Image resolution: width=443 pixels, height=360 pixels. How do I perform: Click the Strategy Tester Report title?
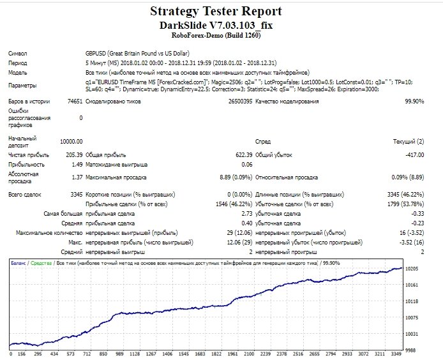pyautogui.click(x=216, y=11)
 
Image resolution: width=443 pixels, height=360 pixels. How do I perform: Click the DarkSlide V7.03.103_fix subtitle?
pyautogui.click(x=216, y=26)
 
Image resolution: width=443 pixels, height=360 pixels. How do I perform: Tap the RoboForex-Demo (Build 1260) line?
pyautogui.click(x=216, y=35)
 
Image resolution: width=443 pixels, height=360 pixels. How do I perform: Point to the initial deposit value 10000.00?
pyautogui.click(x=71, y=142)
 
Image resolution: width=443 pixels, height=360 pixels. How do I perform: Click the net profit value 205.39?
pyautogui.click(x=74, y=155)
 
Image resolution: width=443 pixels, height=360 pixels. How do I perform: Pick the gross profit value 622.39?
pyautogui.click(x=244, y=155)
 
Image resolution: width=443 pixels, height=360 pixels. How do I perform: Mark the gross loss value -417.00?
pyautogui.click(x=415, y=155)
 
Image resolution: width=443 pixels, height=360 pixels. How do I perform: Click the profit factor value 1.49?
pyautogui.click(x=77, y=165)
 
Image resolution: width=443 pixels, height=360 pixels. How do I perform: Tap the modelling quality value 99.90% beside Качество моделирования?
pyautogui.click(x=414, y=101)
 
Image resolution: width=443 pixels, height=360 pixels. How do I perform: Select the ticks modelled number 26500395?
pyautogui.click(x=240, y=101)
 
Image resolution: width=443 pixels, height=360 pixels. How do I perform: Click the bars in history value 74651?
pyautogui.click(x=75, y=101)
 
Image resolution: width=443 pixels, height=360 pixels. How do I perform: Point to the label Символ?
pyautogui.click(x=18, y=54)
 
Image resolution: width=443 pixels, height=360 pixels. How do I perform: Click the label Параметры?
pyautogui.click(x=22, y=86)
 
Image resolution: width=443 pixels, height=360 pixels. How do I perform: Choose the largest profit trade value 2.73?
pyautogui.click(x=247, y=214)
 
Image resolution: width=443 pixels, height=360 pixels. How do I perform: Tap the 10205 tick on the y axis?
pyautogui.click(x=412, y=269)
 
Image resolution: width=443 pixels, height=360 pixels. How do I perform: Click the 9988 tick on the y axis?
pyautogui.click(x=410, y=350)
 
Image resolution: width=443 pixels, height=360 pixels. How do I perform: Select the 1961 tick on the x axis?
pyautogui.click(x=232, y=354)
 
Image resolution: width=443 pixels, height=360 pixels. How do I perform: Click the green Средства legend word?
pyautogui.click(x=41, y=263)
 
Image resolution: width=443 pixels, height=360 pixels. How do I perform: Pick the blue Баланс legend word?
pyautogui.click(x=19, y=263)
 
